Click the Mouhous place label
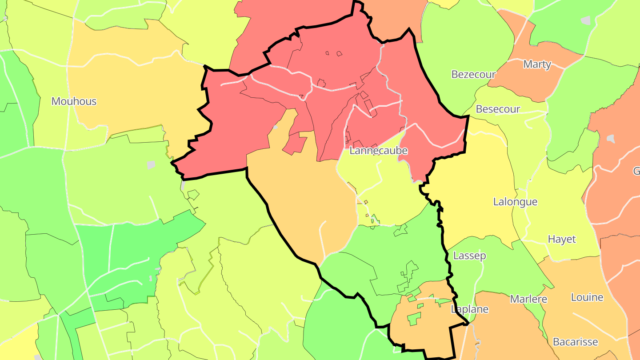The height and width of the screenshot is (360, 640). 74,101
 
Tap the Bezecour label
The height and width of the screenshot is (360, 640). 473,74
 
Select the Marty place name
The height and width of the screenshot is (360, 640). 537,64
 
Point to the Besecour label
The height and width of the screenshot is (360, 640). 498,109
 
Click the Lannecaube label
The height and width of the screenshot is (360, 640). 378,151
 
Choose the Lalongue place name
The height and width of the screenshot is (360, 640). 515,202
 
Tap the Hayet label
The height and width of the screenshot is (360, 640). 562,239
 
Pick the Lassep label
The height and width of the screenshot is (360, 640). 469,256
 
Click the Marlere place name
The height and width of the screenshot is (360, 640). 528,299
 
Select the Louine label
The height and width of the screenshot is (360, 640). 587,297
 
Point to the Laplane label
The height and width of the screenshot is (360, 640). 469,309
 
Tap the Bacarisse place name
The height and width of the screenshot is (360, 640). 575,342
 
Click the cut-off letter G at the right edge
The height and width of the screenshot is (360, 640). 636,171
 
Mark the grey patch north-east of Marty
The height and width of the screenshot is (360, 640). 586,20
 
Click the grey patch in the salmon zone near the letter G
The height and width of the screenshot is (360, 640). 611,139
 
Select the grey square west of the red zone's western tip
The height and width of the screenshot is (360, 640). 151,165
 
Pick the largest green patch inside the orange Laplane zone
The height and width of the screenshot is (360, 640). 414,318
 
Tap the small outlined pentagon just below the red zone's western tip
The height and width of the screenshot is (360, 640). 193,194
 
